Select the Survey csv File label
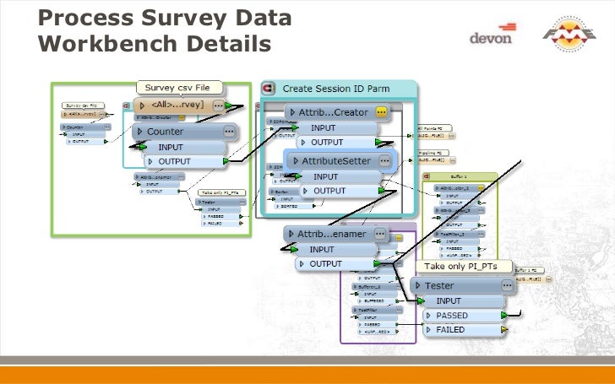(x=178, y=86)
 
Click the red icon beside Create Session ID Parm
(x=270, y=88)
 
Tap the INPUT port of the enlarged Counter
(x=182, y=147)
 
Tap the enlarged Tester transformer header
(x=461, y=285)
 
